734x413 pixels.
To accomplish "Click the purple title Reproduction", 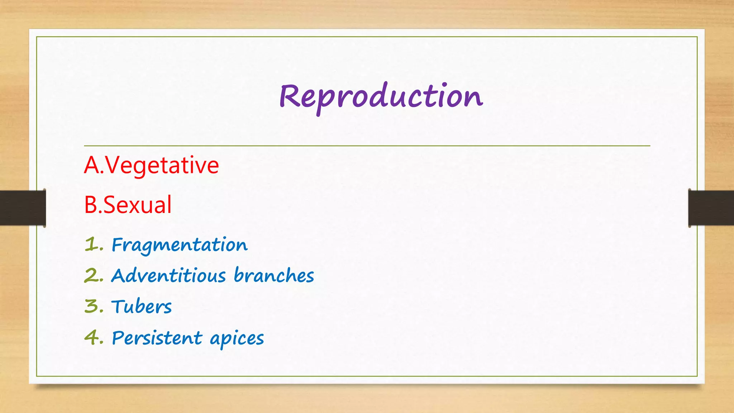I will (381, 97).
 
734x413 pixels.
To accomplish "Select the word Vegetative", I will (162, 165).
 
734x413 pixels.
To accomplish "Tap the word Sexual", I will (138, 205).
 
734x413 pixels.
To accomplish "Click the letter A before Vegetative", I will (92, 165).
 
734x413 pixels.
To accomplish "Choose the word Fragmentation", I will (180, 245).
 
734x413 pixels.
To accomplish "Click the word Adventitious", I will (168, 276).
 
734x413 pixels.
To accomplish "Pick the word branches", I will (274, 276).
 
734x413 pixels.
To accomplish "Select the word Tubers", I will (142, 307).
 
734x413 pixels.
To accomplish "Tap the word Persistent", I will (157, 338).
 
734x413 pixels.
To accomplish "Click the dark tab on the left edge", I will (23, 208).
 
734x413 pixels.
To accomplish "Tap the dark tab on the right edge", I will (711, 208).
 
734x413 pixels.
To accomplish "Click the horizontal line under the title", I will (367, 146).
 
